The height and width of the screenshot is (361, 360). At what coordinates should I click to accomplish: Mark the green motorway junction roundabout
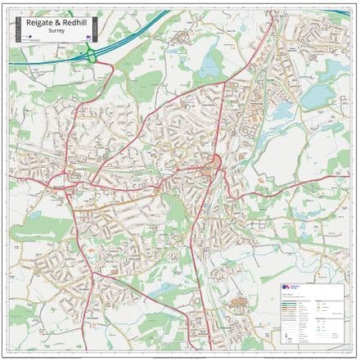(x=92, y=56)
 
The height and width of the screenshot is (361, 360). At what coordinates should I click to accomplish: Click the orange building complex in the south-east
(x=238, y=305)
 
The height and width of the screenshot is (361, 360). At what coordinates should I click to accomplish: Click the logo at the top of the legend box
(x=286, y=287)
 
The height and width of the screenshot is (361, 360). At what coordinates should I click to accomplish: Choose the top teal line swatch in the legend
(x=287, y=300)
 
